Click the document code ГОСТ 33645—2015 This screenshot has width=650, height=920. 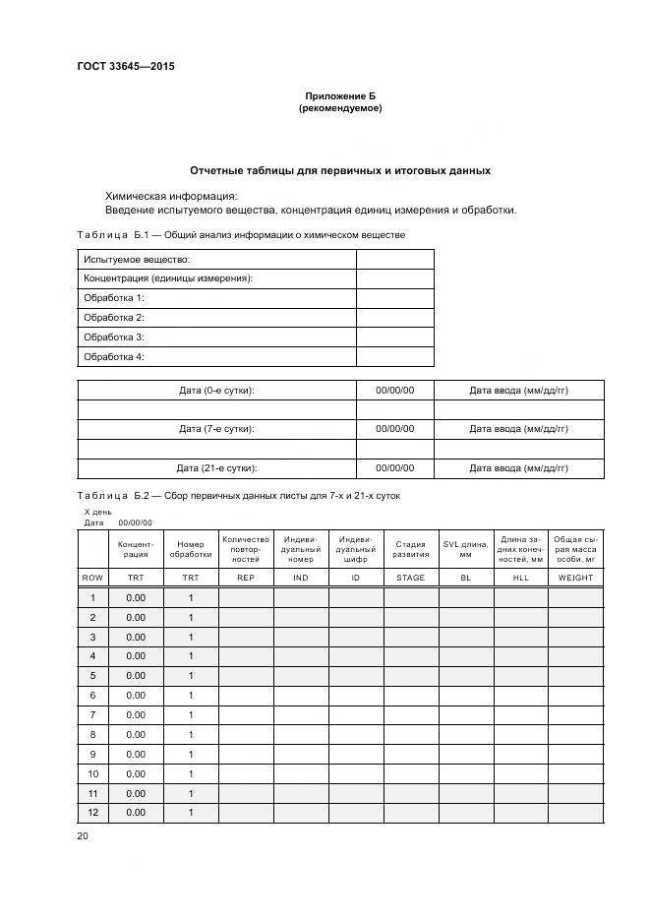(x=118, y=67)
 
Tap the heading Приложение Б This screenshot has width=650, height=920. (x=340, y=95)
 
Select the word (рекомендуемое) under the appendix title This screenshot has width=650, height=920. (x=340, y=108)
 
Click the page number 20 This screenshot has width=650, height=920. (x=83, y=835)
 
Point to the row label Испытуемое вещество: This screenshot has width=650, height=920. (x=137, y=259)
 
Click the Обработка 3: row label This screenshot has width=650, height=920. (x=114, y=337)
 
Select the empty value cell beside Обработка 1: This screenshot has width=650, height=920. (x=394, y=298)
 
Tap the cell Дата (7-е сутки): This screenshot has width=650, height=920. (x=216, y=429)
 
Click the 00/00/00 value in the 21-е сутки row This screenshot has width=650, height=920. (x=394, y=468)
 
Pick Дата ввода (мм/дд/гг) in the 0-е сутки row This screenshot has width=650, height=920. (x=518, y=391)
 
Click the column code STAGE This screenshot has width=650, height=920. (x=410, y=578)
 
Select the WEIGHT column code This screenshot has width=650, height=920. (x=575, y=578)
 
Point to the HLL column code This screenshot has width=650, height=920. (x=520, y=578)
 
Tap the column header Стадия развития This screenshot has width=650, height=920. (x=410, y=549)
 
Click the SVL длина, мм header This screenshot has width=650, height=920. (x=465, y=549)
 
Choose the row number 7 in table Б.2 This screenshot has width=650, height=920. (x=92, y=715)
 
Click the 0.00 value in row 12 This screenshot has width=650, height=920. (x=135, y=813)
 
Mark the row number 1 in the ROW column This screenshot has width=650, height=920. (x=92, y=598)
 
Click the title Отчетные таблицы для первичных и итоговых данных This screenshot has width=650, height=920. (x=340, y=170)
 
